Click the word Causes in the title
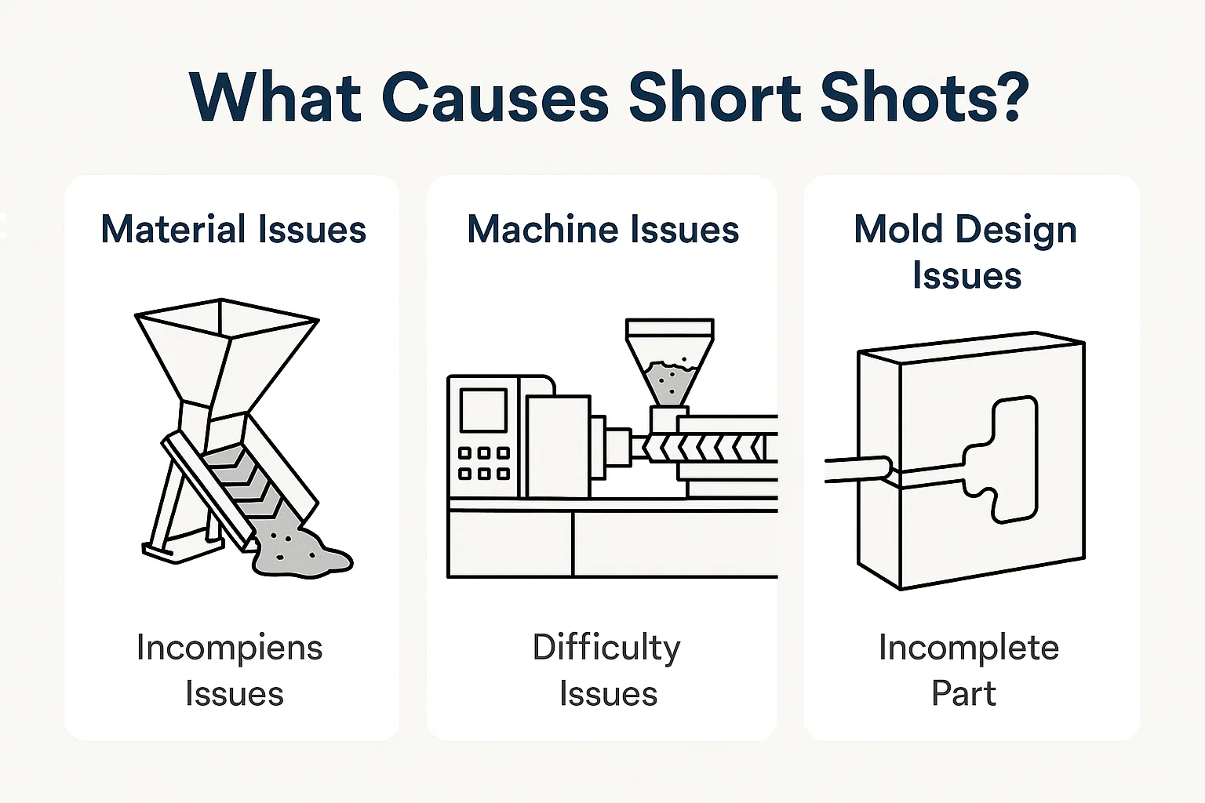pos(495,98)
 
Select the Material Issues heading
pos(233,230)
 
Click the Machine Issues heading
pos(602,230)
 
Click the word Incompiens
pos(229,649)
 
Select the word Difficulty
pos(606,649)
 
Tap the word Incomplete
pos(968,649)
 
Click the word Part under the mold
pos(963,693)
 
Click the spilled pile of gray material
pos(302,552)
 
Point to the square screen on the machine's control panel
pos(482,411)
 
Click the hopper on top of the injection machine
pos(669,361)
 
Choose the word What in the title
pos(275,98)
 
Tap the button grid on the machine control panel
pos(483,463)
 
